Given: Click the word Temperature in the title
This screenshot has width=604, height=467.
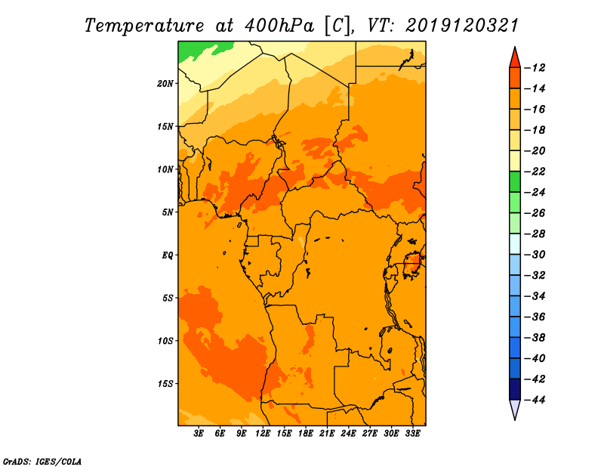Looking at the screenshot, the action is [144, 26].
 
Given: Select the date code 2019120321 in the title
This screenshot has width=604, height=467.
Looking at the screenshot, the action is [462, 26].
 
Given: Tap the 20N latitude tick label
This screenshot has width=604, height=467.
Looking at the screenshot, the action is [165, 84].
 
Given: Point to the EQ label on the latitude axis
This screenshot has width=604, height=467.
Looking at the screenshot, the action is [168, 255].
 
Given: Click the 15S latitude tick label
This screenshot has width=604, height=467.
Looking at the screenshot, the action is [165, 384].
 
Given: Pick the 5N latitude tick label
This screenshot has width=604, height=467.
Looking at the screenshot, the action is [168, 212].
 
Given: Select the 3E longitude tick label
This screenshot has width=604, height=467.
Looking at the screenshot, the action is [199, 434].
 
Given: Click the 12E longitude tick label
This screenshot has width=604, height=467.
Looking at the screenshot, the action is [263, 434].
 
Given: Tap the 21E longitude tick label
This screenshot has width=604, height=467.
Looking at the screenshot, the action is [327, 434].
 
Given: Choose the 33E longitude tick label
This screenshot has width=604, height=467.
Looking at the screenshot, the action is [412, 434].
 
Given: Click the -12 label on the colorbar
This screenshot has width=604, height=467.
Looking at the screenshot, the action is [535, 68].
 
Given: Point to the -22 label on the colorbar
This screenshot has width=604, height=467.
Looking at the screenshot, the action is [535, 172].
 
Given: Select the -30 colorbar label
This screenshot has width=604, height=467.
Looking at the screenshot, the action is [535, 255].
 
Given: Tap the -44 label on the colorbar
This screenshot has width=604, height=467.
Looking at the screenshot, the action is [535, 400].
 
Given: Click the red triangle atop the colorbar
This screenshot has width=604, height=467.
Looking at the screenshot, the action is [515, 59].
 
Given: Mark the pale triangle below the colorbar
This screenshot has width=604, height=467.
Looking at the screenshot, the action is [515, 408].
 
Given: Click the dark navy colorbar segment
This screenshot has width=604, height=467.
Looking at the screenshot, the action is [515, 389].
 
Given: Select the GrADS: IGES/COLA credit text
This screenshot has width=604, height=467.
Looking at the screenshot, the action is [42, 462].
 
